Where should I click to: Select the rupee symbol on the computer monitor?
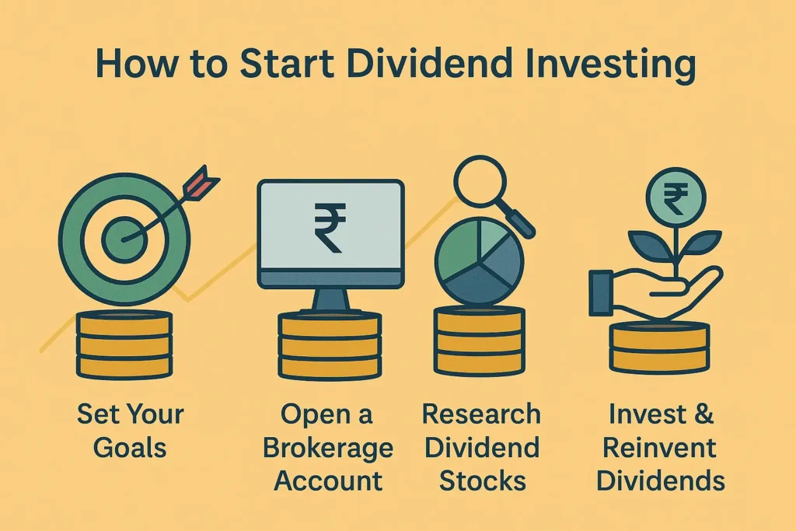(x=330, y=225)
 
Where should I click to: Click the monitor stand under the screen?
(x=330, y=299)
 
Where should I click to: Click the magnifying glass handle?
(x=519, y=222)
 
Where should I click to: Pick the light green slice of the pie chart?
(x=494, y=241)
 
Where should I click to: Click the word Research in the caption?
(x=480, y=414)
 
